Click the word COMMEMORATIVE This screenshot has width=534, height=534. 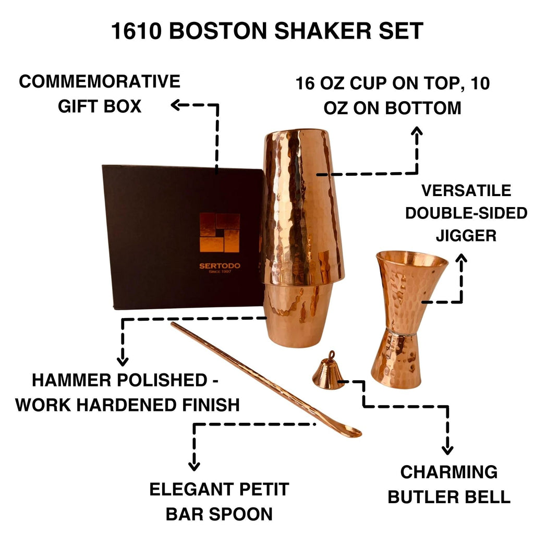[100, 82]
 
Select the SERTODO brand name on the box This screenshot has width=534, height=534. [220, 265]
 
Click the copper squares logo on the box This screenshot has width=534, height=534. [220, 233]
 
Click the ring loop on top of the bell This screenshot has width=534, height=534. [329, 355]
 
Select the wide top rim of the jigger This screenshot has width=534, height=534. [411, 256]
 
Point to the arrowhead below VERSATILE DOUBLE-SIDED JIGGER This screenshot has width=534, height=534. [461, 259]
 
